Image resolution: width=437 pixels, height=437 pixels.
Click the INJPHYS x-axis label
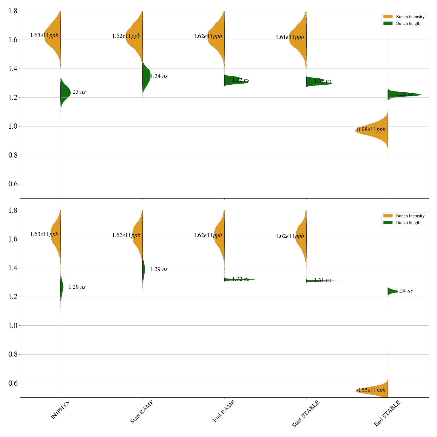coord(60,410)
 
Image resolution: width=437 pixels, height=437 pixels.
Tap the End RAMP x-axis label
coord(223,411)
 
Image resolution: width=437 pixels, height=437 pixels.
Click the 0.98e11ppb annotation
coord(371,129)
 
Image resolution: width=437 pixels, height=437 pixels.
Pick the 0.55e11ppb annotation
coord(371,390)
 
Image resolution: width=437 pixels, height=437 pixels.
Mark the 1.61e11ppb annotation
coord(290,37)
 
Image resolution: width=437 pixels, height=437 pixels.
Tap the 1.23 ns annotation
coord(77,92)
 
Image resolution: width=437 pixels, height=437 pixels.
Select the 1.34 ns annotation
coord(159,76)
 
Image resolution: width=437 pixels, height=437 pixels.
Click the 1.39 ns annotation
coord(159,269)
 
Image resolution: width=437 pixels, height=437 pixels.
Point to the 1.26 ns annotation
coord(77,287)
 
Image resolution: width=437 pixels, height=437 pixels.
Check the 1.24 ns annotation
coord(404,291)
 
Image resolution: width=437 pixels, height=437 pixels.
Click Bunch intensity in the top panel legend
coord(410,17)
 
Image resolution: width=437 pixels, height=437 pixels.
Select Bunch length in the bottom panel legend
coord(408,223)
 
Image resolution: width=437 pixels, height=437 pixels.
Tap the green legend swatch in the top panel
coord(388,23)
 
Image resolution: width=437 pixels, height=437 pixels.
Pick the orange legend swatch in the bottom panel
coord(388,216)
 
